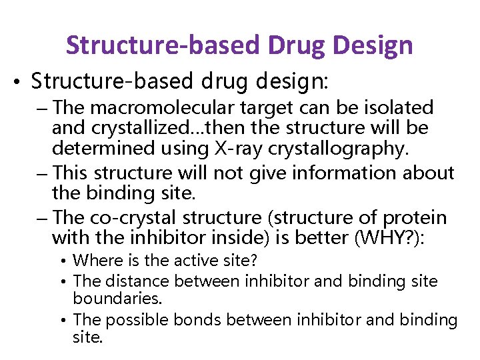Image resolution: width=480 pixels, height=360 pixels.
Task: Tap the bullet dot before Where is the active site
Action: tap(65, 261)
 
